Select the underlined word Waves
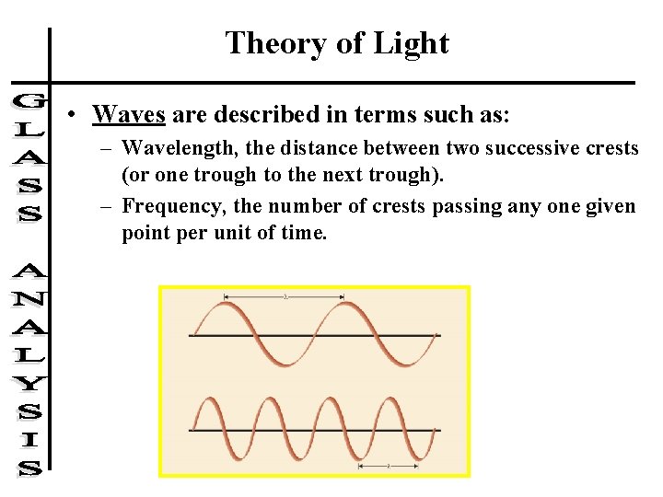click(129, 114)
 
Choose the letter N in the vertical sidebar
click(29, 300)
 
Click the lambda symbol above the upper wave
click(285, 296)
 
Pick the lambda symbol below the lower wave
click(389, 467)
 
